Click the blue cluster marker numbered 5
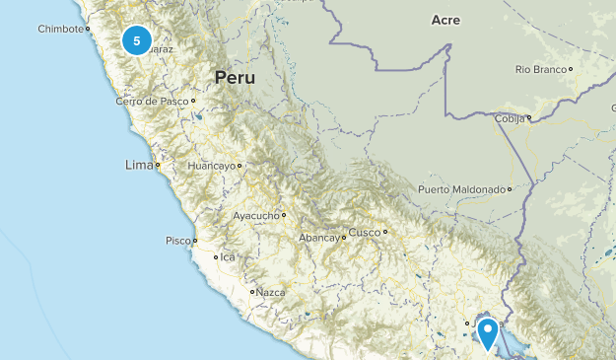click(x=137, y=41)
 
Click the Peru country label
click(x=235, y=77)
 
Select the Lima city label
click(x=138, y=165)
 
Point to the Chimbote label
click(x=61, y=30)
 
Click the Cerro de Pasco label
click(x=152, y=101)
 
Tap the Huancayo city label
click(x=211, y=166)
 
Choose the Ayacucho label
click(x=256, y=214)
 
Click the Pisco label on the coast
click(x=177, y=240)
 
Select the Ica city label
click(x=229, y=257)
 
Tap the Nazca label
click(x=269, y=292)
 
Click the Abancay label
click(x=318, y=238)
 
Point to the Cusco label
click(x=363, y=233)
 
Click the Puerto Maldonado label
click(x=460, y=189)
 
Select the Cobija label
click(x=512, y=117)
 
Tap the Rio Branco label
click(x=540, y=69)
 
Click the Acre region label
click(x=446, y=20)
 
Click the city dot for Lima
click(x=158, y=166)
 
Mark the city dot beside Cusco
click(x=385, y=232)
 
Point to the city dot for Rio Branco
click(x=570, y=69)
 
